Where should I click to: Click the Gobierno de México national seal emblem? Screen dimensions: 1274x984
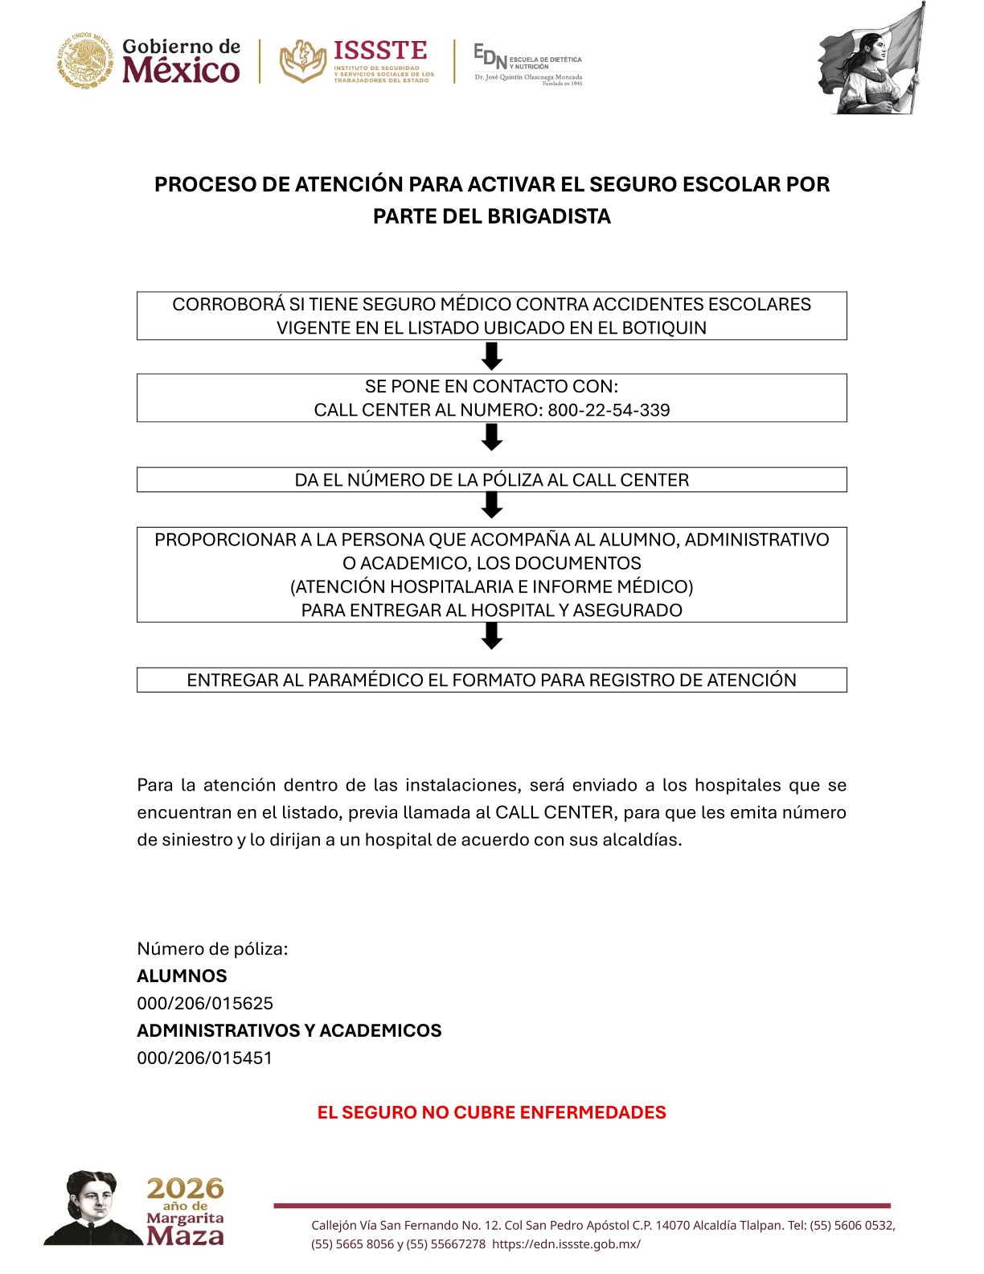click(x=84, y=61)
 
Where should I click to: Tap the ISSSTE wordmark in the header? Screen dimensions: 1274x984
click(x=379, y=51)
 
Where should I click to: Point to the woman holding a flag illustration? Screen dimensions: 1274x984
click(x=871, y=61)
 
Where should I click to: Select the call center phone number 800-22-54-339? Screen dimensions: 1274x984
click(x=609, y=410)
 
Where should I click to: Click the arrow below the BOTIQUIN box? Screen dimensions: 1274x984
click(x=492, y=356)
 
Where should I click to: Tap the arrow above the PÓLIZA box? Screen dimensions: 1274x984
click(x=492, y=438)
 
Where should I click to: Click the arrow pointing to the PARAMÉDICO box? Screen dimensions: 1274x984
click(x=492, y=636)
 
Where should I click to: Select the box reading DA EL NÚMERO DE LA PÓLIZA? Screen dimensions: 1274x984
click(x=492, y=480)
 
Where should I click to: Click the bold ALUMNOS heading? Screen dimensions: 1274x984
click(x=182, y=976)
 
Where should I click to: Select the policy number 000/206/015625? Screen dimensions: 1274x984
click(x=205, y=1004)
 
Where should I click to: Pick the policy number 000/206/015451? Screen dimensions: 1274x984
click(x=205, y=1058)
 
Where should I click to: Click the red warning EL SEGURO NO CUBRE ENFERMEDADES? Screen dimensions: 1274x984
click(x=491, y=1113)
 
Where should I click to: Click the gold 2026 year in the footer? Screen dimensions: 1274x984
click(x=185, y=1188)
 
